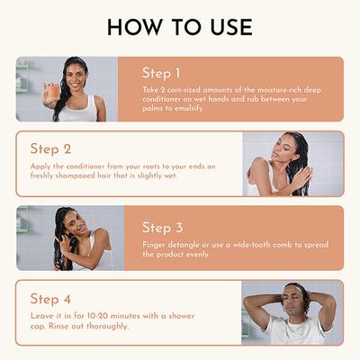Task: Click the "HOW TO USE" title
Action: pyautogui.click(x=180, y=27)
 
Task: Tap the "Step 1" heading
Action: pyautogui.click(x=161, y=73)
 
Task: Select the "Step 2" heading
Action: pyautogui.click(x=50, y=149)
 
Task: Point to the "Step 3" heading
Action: pyautogui.click(x=162, y=228)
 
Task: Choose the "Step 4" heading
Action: pyautogui.click(x=50, y=299)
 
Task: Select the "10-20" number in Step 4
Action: pyautogui.click(x=97, y=316)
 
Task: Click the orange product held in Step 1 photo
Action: pyautogui.click(x=54, y=91)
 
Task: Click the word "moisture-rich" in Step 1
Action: pyautogui.click(x=280, y=90)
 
